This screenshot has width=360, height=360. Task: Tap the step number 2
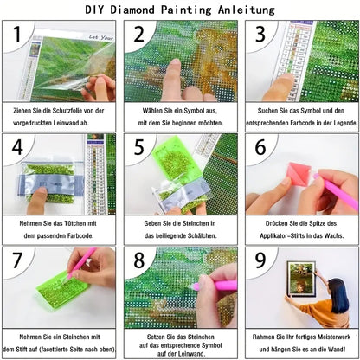pos(137,36)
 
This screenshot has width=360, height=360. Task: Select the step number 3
pos(259,36)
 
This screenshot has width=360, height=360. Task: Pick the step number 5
pos(137,148)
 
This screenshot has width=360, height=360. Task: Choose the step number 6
pos(259,148)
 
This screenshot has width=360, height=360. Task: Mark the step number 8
pos(137,260)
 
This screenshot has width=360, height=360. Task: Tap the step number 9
pos(259,260)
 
